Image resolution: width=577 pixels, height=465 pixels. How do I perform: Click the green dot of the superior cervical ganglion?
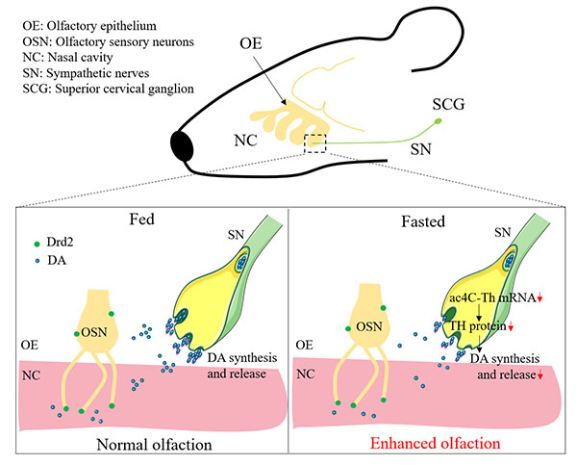click(439, 121)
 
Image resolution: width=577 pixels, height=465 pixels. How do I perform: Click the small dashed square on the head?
click(314, 142)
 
